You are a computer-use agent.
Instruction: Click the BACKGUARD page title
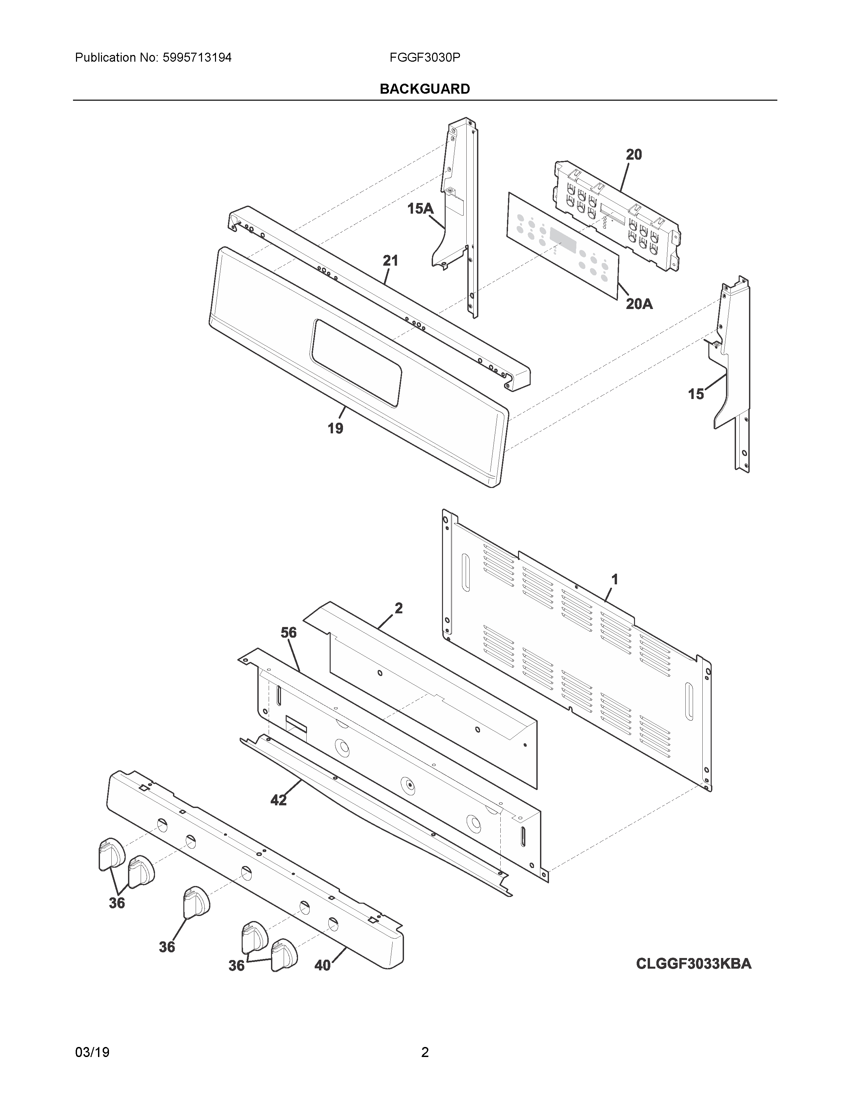(x=424, y=89)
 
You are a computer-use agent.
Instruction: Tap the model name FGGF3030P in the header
(x=424, y=58)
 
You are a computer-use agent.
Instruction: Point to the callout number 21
(x=390, y=261)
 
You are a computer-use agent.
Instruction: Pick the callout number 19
(x=335, y=429)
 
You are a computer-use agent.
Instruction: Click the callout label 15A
(x=420, y=209)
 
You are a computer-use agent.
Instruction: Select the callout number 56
(x=289, y=633)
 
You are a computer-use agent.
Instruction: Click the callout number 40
(x=323, y=966)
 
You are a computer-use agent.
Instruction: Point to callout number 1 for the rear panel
(x=614, y=580)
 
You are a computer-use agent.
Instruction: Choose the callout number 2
(x=398, y=608)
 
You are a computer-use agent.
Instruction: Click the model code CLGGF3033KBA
(x=693, y=964)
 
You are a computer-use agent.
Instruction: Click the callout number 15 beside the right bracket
(x=696, y=394)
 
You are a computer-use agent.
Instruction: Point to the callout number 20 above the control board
(x=634, y=155)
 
